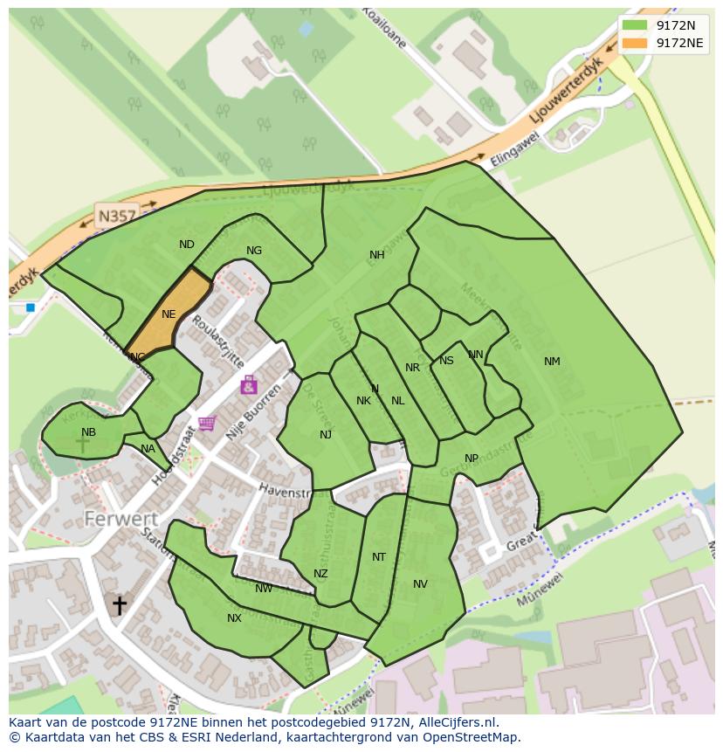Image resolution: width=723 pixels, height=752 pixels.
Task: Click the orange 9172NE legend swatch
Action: tap(635, 43)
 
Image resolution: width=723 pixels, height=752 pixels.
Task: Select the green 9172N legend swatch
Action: tap(635, 25)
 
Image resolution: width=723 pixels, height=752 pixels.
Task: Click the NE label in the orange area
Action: tap(169, 314)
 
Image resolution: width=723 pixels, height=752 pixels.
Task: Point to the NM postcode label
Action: tap(552, 362)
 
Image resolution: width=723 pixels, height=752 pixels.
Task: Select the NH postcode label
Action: tap(376, 255)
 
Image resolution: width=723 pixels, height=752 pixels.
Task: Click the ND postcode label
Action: tap(186, 245)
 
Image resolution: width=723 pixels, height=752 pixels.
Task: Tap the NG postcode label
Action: tap(254, 251)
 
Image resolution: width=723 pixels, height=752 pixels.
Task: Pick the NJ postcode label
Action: tap(326, 435)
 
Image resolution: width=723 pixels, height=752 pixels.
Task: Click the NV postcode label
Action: tap(420, 584)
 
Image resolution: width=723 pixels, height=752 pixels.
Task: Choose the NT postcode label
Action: tap(378, 557)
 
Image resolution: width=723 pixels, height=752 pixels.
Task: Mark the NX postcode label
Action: tap(234, 618)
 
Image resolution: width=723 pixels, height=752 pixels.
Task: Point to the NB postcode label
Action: tap(88, 432)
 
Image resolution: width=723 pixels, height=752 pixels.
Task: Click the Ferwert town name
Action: tap(120, 519)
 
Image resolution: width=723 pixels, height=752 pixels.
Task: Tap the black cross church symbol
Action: tap(119, 604)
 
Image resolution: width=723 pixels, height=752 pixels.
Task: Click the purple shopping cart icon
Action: tap(206, 424)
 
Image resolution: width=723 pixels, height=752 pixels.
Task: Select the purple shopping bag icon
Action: tap(249, 384)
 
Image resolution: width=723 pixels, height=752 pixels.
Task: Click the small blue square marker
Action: tap(31, 307)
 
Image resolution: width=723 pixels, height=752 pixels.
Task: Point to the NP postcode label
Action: tap(472, 459)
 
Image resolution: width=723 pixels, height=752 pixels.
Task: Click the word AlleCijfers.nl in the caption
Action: tap(454, 722)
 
